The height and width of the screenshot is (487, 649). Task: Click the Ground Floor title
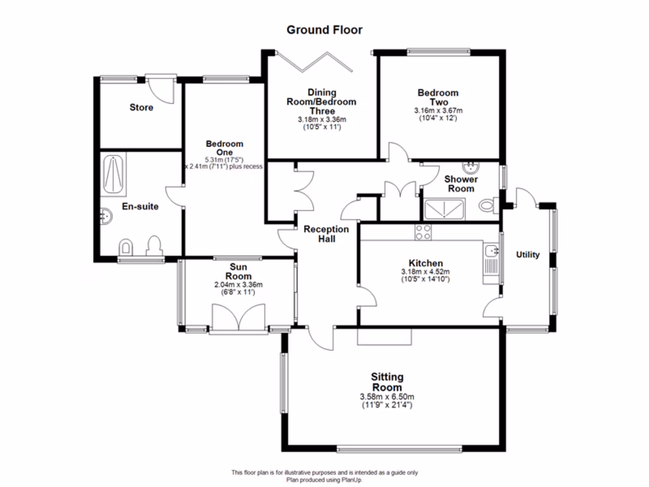[x=324, y=29]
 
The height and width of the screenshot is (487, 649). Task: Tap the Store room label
[x=141, y=108]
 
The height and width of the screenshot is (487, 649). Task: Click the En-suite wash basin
[x=106, y=217]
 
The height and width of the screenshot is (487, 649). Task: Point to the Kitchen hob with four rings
[x=423, y=232]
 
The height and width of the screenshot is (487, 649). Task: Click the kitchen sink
[x=491, y=252]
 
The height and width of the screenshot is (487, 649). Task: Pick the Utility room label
[x=528, y=255]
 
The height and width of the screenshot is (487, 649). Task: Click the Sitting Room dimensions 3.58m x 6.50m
[x=387, y=397]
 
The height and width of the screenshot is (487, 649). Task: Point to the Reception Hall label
[x=326, y=234]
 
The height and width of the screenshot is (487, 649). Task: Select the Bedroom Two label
[x=438, y=98]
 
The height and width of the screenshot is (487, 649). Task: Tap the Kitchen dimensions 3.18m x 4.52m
[x=425, y=272]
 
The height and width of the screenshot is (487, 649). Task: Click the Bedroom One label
[x=224, y=148]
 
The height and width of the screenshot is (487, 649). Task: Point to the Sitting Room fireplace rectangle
[x=385, y=337]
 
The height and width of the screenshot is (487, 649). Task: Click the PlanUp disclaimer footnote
[x=324, y=476]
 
